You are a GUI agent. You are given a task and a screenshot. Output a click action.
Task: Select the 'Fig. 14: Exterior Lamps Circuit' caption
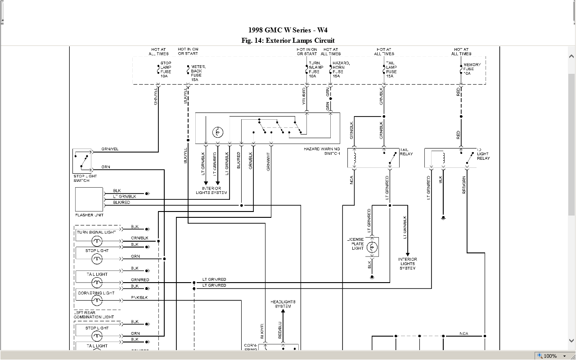(288, 40)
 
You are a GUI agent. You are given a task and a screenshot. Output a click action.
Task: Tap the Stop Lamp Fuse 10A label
(166, 70)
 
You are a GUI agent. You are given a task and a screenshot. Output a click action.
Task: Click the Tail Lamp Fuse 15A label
(391, 70)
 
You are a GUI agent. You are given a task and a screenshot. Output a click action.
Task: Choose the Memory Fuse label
(472, 69)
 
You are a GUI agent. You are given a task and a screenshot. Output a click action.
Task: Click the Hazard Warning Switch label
(322, 151)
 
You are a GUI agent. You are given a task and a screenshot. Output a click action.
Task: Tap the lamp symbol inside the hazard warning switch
(218, 132)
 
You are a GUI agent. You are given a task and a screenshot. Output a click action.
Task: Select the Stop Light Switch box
(82, 161)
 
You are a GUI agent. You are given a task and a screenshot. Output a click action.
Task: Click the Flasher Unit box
(89, 199)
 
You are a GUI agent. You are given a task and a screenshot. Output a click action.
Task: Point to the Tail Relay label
(406, 152)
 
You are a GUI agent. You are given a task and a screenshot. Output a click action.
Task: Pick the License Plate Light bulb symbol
(372, 247)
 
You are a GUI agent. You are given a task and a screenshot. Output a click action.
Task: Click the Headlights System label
(283, 304)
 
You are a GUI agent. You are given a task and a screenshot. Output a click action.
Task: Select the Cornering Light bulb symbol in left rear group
(97, 300)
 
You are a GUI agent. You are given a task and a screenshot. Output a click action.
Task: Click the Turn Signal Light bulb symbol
(97, 241)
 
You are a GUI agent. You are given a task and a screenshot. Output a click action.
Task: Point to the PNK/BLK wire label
(139, 297)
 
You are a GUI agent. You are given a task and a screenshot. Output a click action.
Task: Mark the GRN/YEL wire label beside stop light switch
(110, 149)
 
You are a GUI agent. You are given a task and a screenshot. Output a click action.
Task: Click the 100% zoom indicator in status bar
(550, 356)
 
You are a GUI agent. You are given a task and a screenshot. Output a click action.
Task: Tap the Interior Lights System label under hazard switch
(211, 190)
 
